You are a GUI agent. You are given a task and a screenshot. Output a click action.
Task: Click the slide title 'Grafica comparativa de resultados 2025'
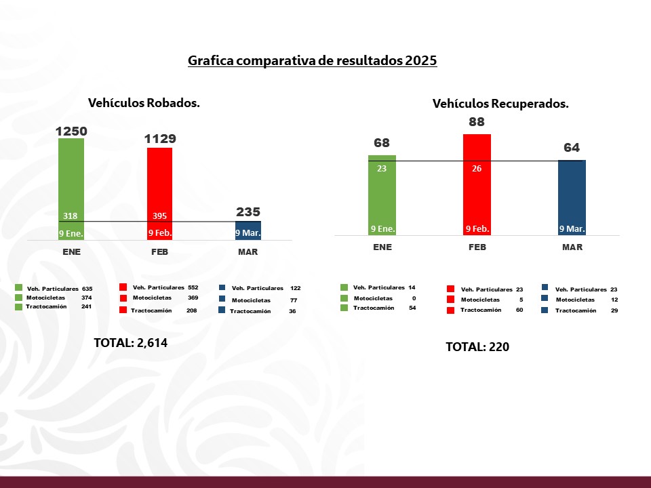click(x=313, y=60)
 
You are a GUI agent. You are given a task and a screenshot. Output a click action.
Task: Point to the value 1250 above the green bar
click(x=71, y=130)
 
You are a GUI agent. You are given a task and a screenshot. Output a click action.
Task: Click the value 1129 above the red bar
click(x=159, y=139)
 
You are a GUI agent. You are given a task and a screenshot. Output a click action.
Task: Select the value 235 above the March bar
click(x=248, y=211)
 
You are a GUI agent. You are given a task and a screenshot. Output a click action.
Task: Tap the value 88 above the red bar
click(x=477, y=123)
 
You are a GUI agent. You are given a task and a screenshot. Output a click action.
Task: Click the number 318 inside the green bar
click(x=70, y=216)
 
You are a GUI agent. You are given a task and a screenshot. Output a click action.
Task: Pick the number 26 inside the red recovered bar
click(x=477, y=169)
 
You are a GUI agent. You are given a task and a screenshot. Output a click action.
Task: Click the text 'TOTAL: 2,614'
click(x=130, y=343)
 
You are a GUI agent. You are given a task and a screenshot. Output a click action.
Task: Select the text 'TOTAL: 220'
click(x=477, y=347)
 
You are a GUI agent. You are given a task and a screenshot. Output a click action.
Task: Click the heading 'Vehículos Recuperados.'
click(x=500, y=104)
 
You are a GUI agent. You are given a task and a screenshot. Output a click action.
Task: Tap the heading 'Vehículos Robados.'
click(x=144, y=103)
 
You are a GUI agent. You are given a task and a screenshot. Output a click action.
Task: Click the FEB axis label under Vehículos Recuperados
click(x=477, y=247)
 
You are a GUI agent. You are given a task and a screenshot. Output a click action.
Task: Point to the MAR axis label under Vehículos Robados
click(x=248, y=252)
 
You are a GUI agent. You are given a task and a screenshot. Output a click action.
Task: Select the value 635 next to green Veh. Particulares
click(x=87, y=288)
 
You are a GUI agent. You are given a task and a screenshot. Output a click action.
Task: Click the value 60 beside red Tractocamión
click(x=519, y=310)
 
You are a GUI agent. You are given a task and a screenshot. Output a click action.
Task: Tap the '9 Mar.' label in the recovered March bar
click(x=572, y=229)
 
